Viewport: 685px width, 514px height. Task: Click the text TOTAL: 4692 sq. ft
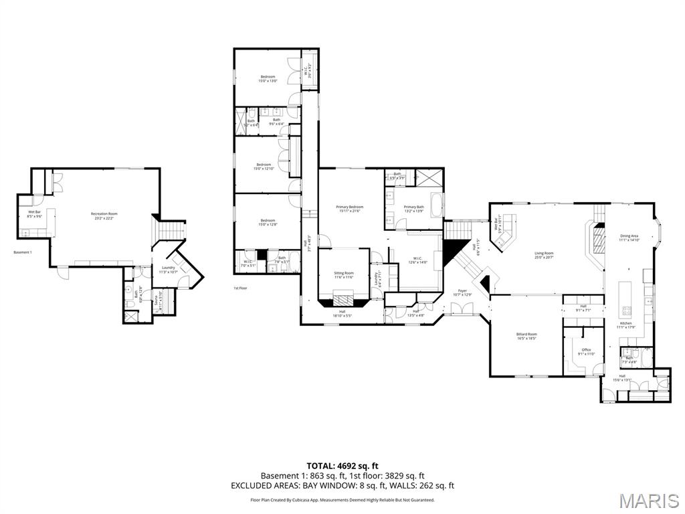342,465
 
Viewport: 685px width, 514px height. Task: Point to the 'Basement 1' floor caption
23,252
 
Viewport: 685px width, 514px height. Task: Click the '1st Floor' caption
240,288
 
